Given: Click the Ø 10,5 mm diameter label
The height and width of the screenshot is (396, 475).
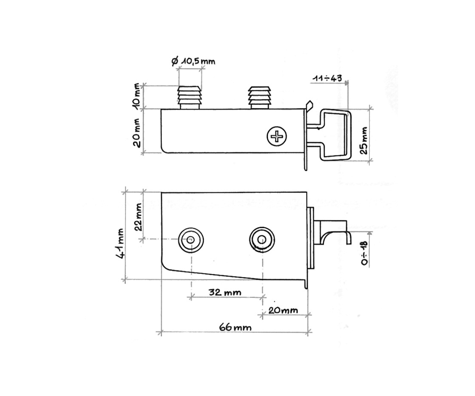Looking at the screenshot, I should (193, 61).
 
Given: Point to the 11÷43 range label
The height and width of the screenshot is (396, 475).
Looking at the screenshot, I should (327, 78).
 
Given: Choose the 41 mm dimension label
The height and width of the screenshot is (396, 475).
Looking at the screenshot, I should (120, 243).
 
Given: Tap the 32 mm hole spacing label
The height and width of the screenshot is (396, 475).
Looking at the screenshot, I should (225, 292).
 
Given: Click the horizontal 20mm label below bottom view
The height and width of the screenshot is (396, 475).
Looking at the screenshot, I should (283, 310).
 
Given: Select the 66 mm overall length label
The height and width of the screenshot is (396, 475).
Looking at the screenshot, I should (235, 327).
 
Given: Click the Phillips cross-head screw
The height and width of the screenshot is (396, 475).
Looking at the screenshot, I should (277, 136).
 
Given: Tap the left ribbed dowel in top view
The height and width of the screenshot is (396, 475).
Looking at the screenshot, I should (190, 97).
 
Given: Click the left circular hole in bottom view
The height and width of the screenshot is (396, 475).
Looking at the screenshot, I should (191, 240).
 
